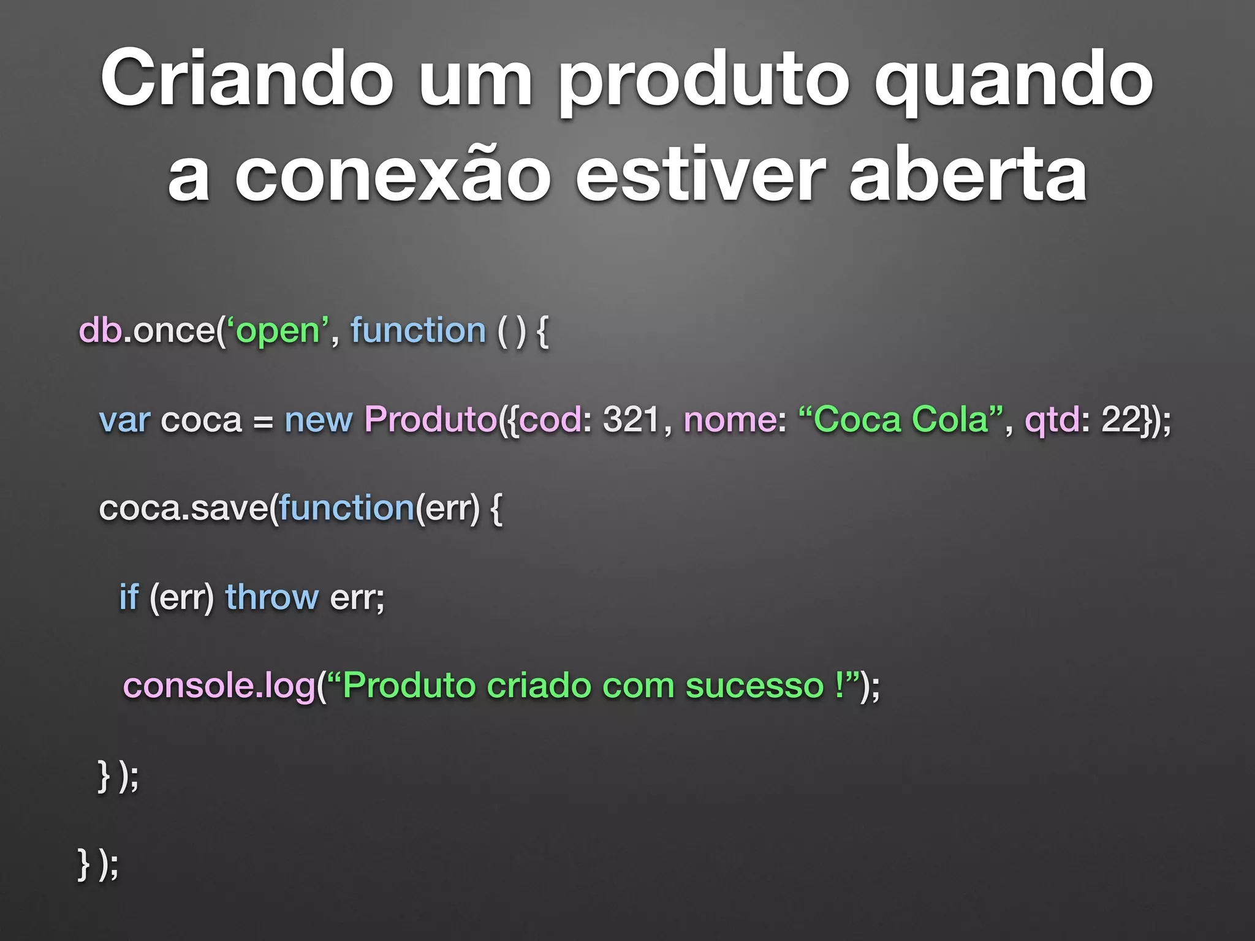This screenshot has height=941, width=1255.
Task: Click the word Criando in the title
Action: point(246,80)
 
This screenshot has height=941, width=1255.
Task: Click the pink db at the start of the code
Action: point(100,330)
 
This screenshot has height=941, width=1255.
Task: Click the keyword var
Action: point(124,420)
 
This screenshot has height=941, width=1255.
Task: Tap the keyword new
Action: point(318,420)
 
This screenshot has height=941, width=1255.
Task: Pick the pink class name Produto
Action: point(430,420)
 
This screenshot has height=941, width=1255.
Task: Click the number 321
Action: point(631,420)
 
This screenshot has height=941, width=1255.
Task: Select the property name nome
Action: point(730,420)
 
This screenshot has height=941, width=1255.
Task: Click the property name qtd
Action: point(1052,420)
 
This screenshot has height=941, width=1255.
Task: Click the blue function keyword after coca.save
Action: point(347,508)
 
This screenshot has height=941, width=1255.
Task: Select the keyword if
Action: point(129,597)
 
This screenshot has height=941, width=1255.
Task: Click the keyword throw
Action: point(271,597)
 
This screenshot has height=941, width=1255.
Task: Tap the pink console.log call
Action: point(219,686)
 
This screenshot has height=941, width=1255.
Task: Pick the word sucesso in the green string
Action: point(754,686)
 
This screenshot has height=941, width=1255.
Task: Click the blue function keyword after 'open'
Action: point(418,330)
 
